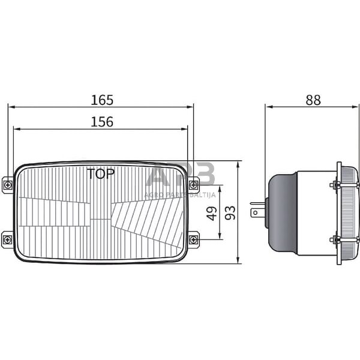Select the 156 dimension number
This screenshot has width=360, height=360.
pos(101,122)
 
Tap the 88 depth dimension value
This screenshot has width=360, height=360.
pos(312,100)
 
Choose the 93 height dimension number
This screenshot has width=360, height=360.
pos(230,212)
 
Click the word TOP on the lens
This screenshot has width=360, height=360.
pos(102,175)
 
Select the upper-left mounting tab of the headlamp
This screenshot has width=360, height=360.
pos(7,184)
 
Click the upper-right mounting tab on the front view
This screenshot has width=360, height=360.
pos(193,184)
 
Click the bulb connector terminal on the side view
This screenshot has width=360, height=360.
pos(257,211)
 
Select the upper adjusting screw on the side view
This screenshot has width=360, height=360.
pos(335,185)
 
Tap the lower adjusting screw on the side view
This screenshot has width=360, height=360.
pos(335,240)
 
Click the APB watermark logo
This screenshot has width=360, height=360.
pos(180,178)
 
